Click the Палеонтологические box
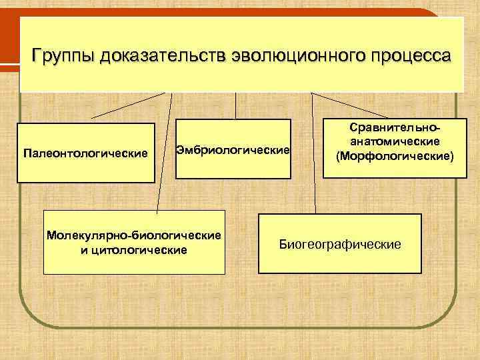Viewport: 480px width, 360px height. (85, 153)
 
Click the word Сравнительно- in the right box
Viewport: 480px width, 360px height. (395, 128)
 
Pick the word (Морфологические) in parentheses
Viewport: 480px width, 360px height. (395, 156)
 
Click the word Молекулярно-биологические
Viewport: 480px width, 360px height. (133, 237)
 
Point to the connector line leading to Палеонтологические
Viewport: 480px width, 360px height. (127, 105)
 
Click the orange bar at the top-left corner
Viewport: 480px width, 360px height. (9, 40)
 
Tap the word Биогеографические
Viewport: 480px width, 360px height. (340, 245)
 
